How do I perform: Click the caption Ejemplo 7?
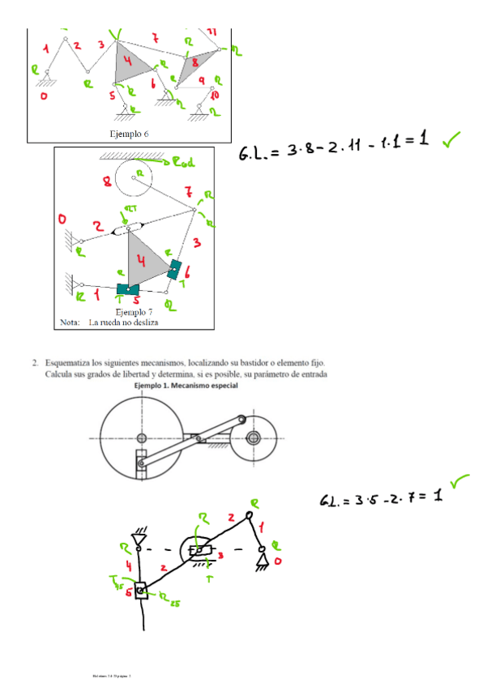pos(133,311)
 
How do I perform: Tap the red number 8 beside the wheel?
pos(107,182)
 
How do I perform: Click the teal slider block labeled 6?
pos(174,268)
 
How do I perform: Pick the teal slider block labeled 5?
pos(127,288)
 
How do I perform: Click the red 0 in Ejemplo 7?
pos(62,220)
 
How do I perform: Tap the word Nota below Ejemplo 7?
pos(70,322)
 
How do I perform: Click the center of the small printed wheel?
pos(254,438)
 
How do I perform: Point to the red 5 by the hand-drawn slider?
pos(128,592)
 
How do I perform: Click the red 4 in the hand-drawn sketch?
pos(130,565)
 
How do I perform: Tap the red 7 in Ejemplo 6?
pos(154,38)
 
